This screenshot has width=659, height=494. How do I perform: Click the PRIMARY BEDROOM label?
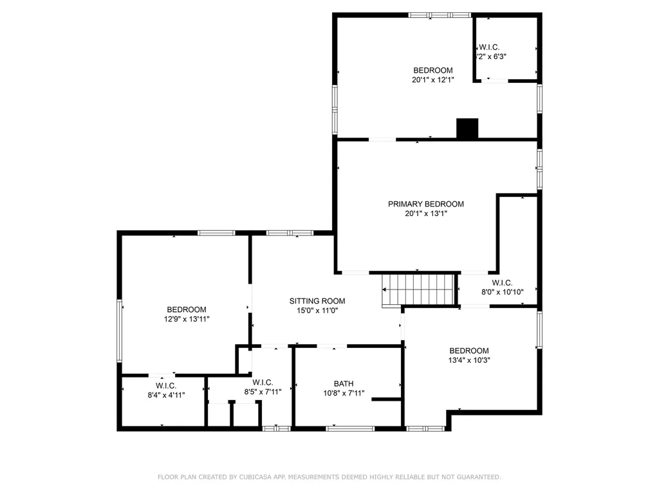(x=425, y=204)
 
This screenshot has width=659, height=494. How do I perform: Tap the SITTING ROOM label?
(x=317, y=301)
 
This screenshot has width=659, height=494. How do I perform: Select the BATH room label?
(x=344, y=383)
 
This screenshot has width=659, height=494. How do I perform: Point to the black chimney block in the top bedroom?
(x=467, y=128)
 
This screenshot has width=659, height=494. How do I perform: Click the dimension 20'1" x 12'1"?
(x=432, y=80)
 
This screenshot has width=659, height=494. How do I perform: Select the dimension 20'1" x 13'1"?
(x=425, y=214)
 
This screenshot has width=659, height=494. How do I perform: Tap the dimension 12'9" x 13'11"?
(x=187, y=318)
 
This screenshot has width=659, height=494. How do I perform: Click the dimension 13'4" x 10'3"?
(x=469, y=360)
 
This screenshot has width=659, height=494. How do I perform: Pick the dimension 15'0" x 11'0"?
(x=317, y=311)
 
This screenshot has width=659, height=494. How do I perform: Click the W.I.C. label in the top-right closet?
(x=489, y=47)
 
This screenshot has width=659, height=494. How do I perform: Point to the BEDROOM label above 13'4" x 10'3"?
(x=469, y=351)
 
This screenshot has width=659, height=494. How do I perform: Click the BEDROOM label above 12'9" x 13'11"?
(x=187, y=309)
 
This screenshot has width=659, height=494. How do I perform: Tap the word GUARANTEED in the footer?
(x=478, y=477)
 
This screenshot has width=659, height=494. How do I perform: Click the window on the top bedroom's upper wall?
(x=440, y=15)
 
